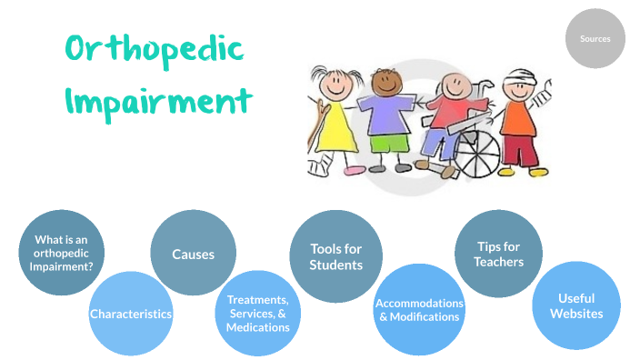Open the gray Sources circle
click(595, 38)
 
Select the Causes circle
click(193, 254)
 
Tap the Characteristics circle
click(131, 314)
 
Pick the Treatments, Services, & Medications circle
click(258, 314)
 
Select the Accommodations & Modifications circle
click(419, 309)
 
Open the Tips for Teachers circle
click(498, 254)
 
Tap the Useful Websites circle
click(575, 305)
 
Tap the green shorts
click(389, 144)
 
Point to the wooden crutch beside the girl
click(316, 127)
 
